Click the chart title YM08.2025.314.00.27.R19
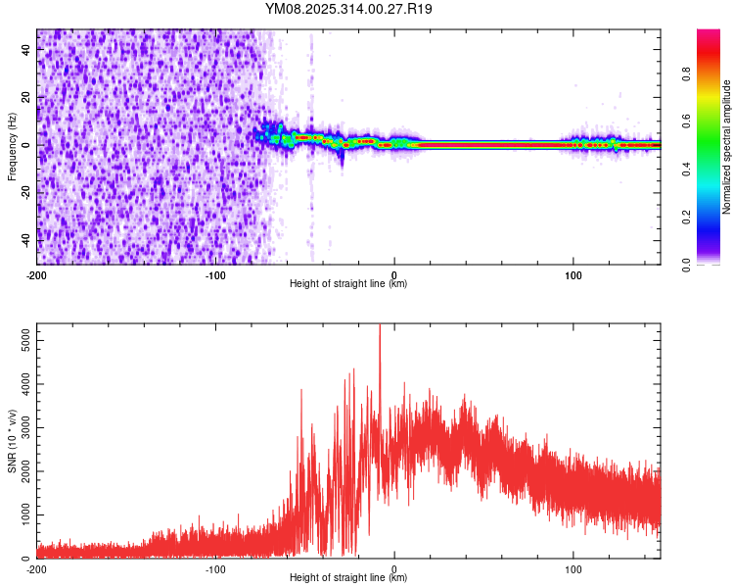[348, 10]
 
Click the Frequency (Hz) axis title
[12, 146]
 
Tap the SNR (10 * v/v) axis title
[12, 441]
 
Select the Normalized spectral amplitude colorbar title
[727, 147]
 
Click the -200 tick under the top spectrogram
[37, 274]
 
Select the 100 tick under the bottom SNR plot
[573, 568]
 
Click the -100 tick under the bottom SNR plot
[215, 568]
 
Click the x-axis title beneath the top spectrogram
[348, 284]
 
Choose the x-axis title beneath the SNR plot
[348, 578]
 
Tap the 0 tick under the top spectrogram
[394, 274]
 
